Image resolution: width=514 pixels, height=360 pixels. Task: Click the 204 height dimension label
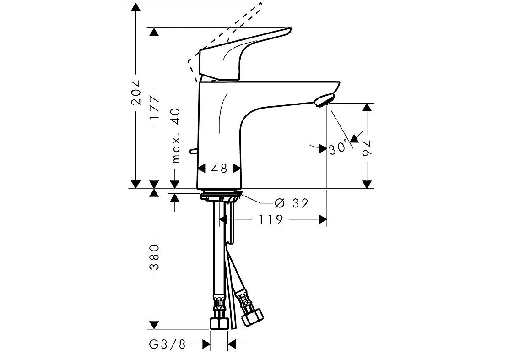click(x=136, y=92)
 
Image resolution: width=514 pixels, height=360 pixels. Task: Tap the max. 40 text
click(x=176, y=135)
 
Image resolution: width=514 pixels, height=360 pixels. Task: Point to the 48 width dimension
click(x=219, y=169)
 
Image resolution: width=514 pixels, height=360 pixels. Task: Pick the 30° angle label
click(x=338, y=147)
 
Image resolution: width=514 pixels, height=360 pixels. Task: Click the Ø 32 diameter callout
click(x=292, y=203)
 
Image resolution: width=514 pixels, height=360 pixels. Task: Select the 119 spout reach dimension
click(x=270, y=219)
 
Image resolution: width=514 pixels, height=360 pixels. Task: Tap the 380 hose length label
click(x=154, y=257)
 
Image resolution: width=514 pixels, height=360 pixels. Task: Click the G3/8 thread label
click(x=168, y=344)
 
